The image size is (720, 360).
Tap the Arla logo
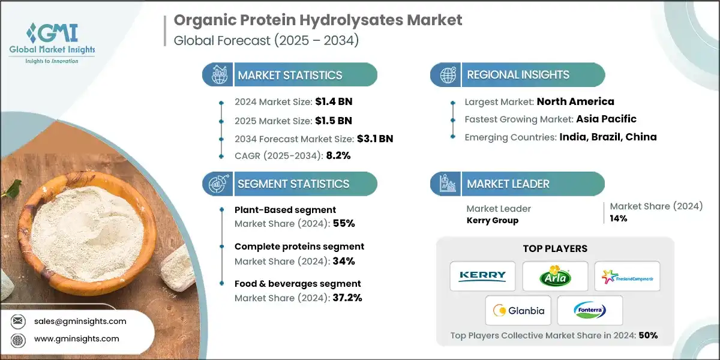554,276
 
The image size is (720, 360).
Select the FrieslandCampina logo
627,276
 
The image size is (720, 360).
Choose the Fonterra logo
590,310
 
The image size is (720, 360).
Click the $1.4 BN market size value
334,102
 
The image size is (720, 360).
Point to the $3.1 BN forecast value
376,139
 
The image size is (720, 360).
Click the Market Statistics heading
290,75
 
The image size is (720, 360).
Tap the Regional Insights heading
518,75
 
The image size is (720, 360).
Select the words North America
575,101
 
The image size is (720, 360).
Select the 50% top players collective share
648,335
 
